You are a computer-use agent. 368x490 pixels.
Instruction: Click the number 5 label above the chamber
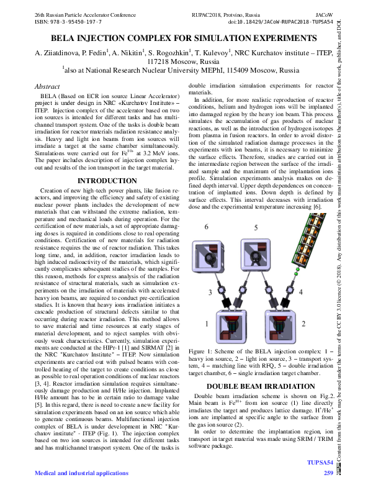[x=256, y=227]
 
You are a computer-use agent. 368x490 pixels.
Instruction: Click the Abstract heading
[x=47, y=87]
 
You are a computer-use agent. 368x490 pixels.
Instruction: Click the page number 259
[x=328, y=473]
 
